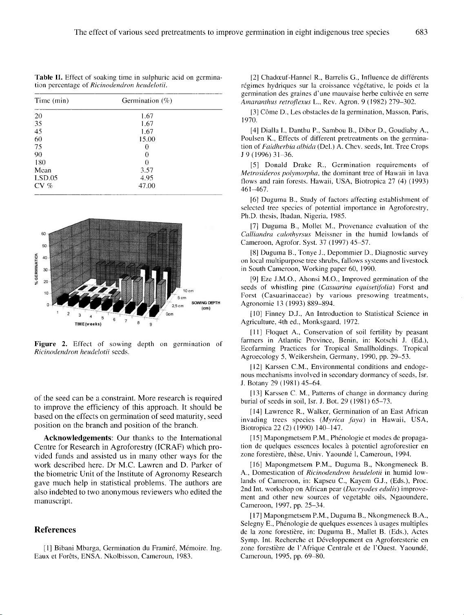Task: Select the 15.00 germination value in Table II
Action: pyautogui.click(x=147, y=139)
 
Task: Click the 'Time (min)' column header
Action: pyautogui.click(x=51, y=101)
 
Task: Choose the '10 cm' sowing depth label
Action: pyautogui.click(x=188, y=291)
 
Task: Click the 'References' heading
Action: pyautogui.click(x=56, y=530)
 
